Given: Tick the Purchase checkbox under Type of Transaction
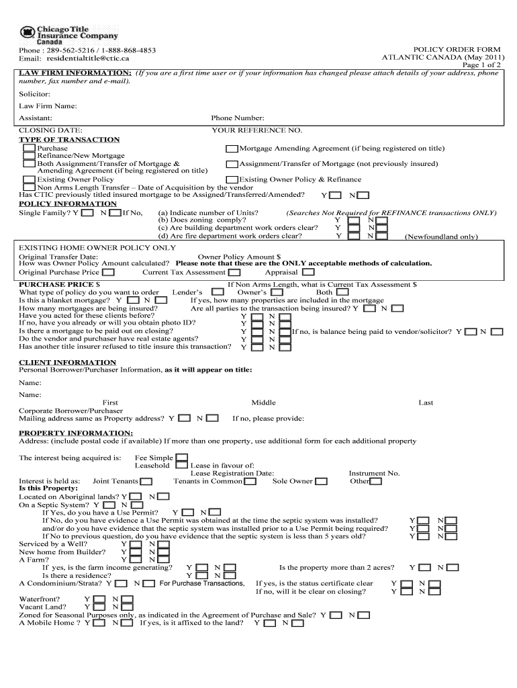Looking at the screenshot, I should [x=30, y=148].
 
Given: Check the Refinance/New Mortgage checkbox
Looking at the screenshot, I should [x=30, y=155].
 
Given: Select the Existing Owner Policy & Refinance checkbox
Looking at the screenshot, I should [x=232, y=179].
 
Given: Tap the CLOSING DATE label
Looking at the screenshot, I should [x=50, y=130].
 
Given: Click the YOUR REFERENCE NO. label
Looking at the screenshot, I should [x=257, y=130].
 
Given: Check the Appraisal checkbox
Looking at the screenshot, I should [x=308, y=273].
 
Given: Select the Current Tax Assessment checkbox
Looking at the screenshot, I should [x=234, y=273].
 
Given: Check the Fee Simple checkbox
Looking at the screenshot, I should [x=181, y=458].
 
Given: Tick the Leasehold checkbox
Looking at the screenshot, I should [x=181, y=465].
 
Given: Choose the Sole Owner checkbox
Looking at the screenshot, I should [x=321, y=481].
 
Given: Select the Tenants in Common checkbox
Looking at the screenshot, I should [x=250, y=481].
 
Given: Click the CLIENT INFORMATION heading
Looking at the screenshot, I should [x=58, y=362].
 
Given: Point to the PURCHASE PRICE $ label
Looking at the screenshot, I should [x=60, y=285].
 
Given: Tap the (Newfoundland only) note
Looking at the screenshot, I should [x=440, y=236].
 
